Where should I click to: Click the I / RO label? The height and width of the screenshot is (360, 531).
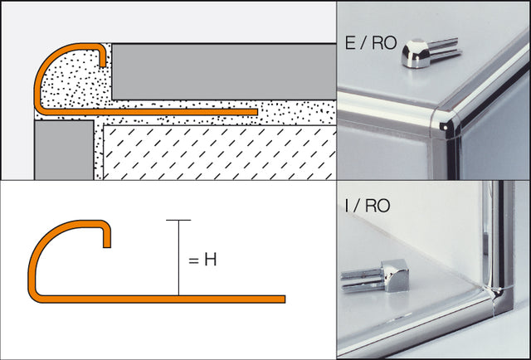coord(365,206)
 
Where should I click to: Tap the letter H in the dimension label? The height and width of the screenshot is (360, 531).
coord(210,260)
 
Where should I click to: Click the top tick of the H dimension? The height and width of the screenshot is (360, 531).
coord(178,220)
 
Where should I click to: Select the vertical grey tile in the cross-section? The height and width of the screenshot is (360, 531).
coord(63,149)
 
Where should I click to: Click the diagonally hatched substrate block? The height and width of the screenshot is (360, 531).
coord(216,153)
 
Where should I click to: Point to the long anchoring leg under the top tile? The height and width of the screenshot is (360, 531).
coord(183,110)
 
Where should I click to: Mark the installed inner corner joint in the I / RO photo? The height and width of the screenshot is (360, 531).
coord(497,292)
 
